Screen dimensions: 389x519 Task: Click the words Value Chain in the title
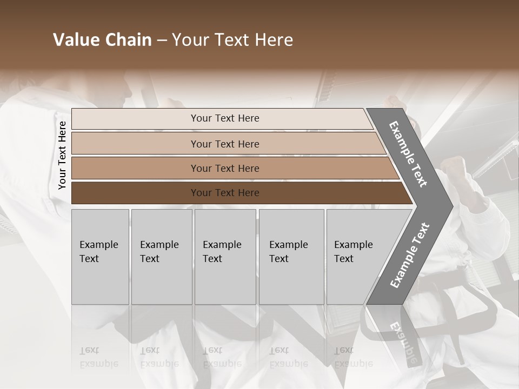coord(102,40)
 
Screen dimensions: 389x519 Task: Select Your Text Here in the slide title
coord(232,40)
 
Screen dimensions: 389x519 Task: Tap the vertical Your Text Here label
coord(62,155)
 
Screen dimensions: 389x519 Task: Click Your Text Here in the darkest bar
coord(225,193)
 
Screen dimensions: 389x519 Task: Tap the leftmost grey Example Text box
coord(100,257)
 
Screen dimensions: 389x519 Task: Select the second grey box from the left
coord(162,257)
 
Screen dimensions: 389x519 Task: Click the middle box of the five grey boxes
coord(225,257)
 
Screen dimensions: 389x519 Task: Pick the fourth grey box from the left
coord(291,257)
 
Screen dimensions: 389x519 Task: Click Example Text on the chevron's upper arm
coord(408,154)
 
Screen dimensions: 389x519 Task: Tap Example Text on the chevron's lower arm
coord(410,255)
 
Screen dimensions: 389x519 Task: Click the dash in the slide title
coord(162,41)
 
